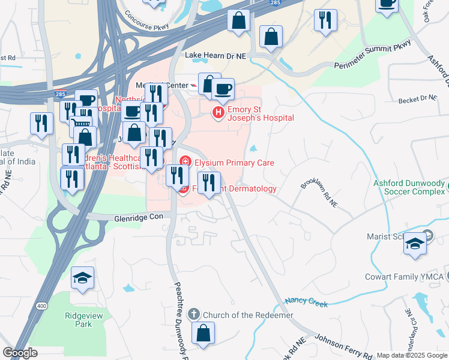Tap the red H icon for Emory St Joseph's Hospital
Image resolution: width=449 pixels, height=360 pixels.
218,112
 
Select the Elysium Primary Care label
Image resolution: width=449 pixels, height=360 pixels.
234,163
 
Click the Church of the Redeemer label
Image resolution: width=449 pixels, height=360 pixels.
248,315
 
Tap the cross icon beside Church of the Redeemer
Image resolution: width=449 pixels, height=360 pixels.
194,314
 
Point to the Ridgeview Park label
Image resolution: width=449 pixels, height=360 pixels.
79,319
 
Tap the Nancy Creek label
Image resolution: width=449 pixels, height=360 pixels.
307,302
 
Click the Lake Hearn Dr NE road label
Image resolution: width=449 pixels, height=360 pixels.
216,55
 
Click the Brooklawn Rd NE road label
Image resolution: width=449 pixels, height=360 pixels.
319,193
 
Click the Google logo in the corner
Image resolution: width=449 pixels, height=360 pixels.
20,353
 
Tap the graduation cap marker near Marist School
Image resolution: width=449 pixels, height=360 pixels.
415,243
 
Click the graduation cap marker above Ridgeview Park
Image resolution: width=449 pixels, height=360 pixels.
82,277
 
